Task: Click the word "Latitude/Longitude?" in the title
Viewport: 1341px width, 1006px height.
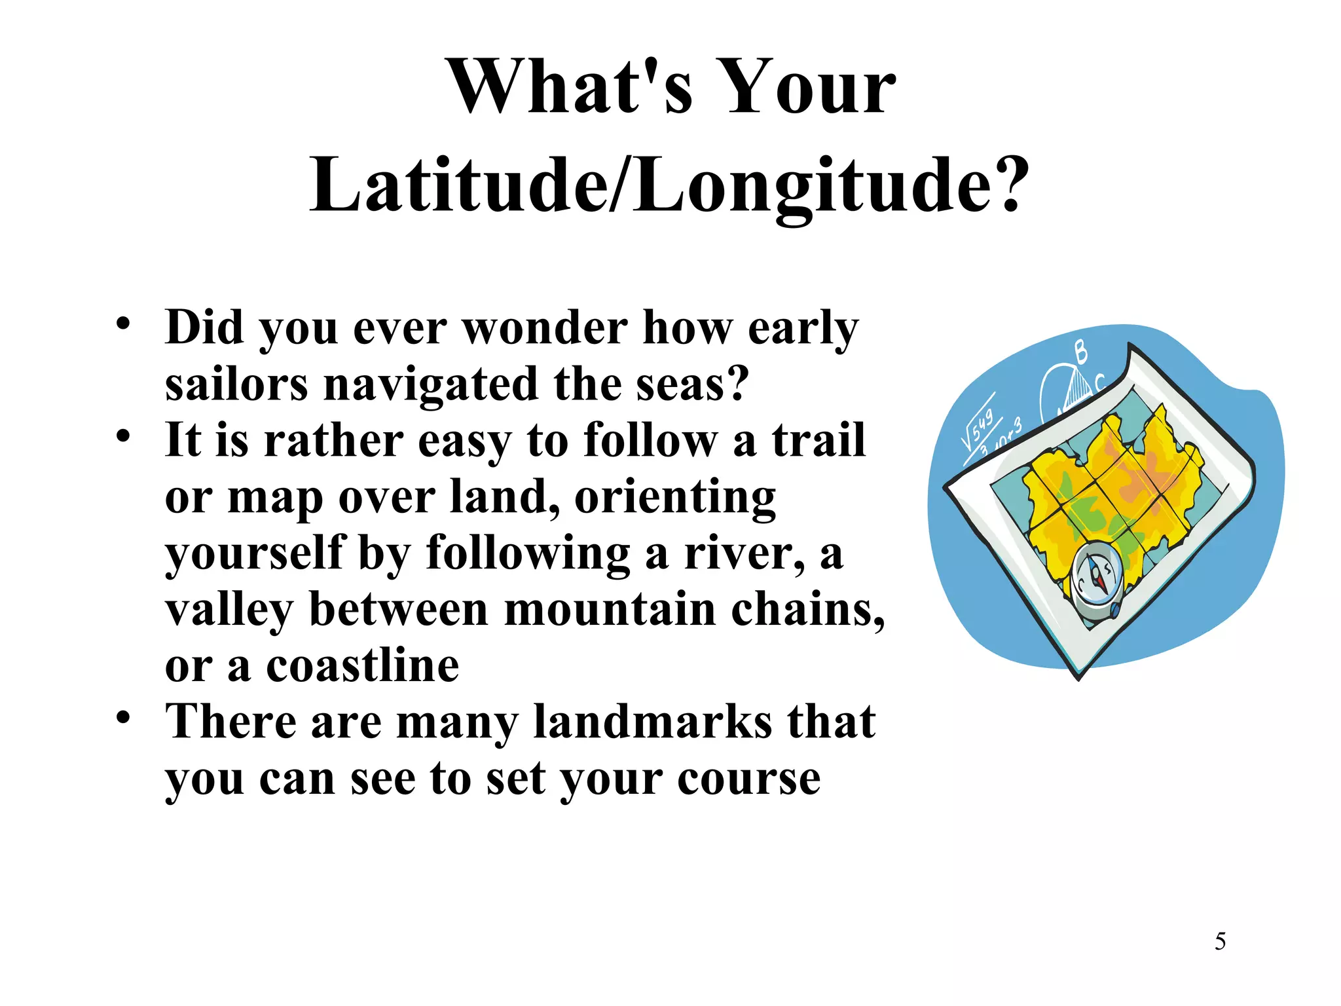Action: click(669, 186)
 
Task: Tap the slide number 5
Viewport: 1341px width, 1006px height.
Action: click(1220, 942)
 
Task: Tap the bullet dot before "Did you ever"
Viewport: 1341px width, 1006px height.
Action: click(123, 324)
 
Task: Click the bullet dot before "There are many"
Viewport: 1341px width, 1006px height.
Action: click(123, 718)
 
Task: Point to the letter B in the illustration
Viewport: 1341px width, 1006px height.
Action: click(1080, 352)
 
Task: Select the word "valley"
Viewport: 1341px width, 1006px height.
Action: click(229, 610)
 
